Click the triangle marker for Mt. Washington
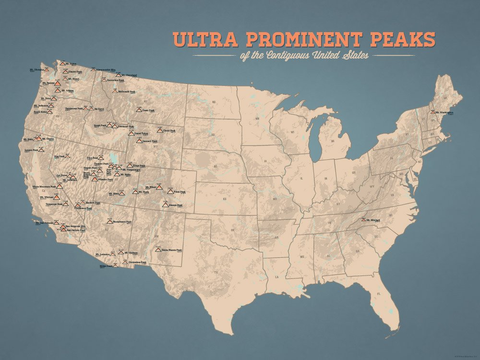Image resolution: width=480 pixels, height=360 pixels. tap(433, 112)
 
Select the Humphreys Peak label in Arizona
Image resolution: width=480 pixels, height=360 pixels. tap(122, 222)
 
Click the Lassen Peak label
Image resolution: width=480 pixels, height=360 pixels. tap(31, 150)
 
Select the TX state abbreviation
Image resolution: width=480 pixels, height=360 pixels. tap(216, 273)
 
